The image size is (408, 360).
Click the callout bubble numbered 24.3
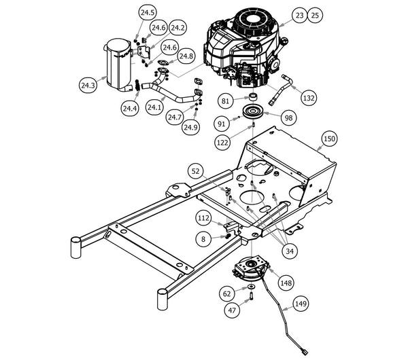point(88,86)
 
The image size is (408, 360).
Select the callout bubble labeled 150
point(329,139)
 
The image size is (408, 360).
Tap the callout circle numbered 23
point(301,14)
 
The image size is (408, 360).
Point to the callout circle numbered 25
point(314,14)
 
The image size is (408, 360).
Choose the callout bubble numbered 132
point(309,98)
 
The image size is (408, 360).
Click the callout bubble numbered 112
point(203,218)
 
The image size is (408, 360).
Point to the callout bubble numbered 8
point(202,238)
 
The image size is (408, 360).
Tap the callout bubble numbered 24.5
point(147,13)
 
